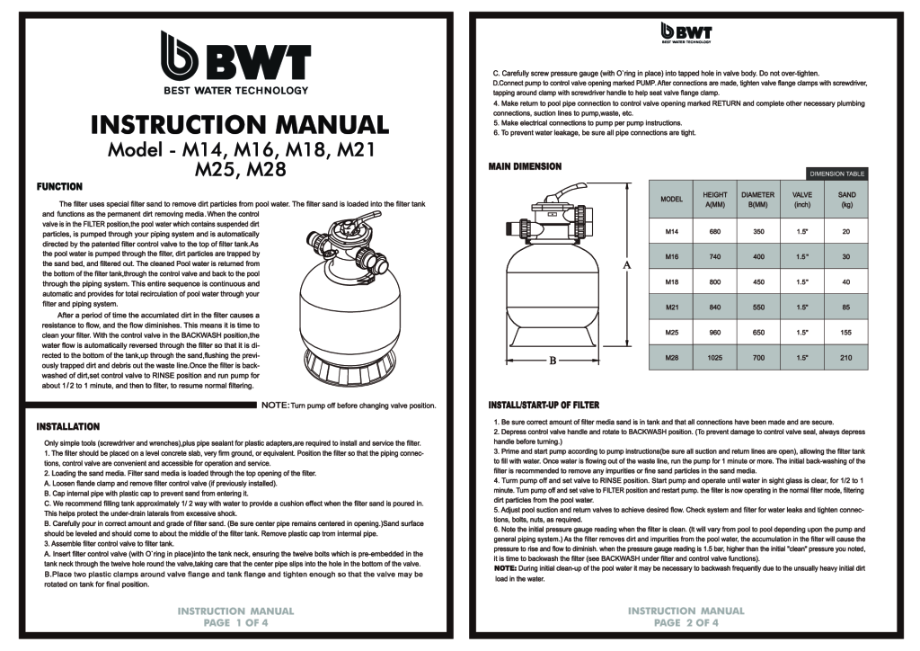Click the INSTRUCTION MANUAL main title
(x=240, y=122)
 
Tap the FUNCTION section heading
(x=58, y=186)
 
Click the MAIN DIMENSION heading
(x=526, y=166)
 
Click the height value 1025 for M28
(x=714, y=359)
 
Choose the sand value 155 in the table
(x=845, y=333)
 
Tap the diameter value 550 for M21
(x=757, y=308)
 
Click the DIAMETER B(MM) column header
(x=757, y=198)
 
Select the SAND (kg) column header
(x=845, y=198)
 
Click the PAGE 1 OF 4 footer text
(x=235, y=621)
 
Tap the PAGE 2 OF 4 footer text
(x=686, y=621)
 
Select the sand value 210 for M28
(x=845, y=359)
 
